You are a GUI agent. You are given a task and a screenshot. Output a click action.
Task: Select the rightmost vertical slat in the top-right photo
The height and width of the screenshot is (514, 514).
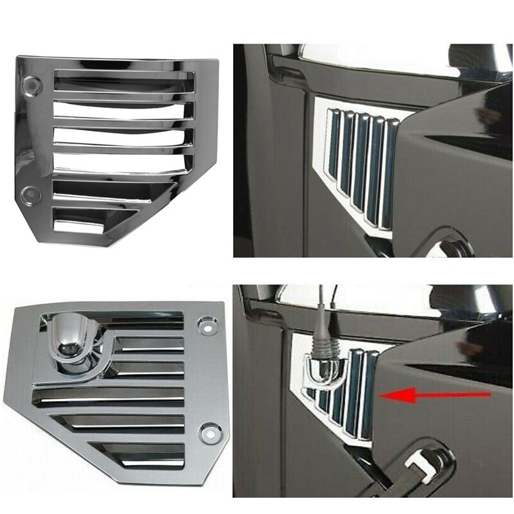click(x=389, y=173)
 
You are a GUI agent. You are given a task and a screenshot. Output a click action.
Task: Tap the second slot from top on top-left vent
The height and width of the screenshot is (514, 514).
click(x=122, y=107)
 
